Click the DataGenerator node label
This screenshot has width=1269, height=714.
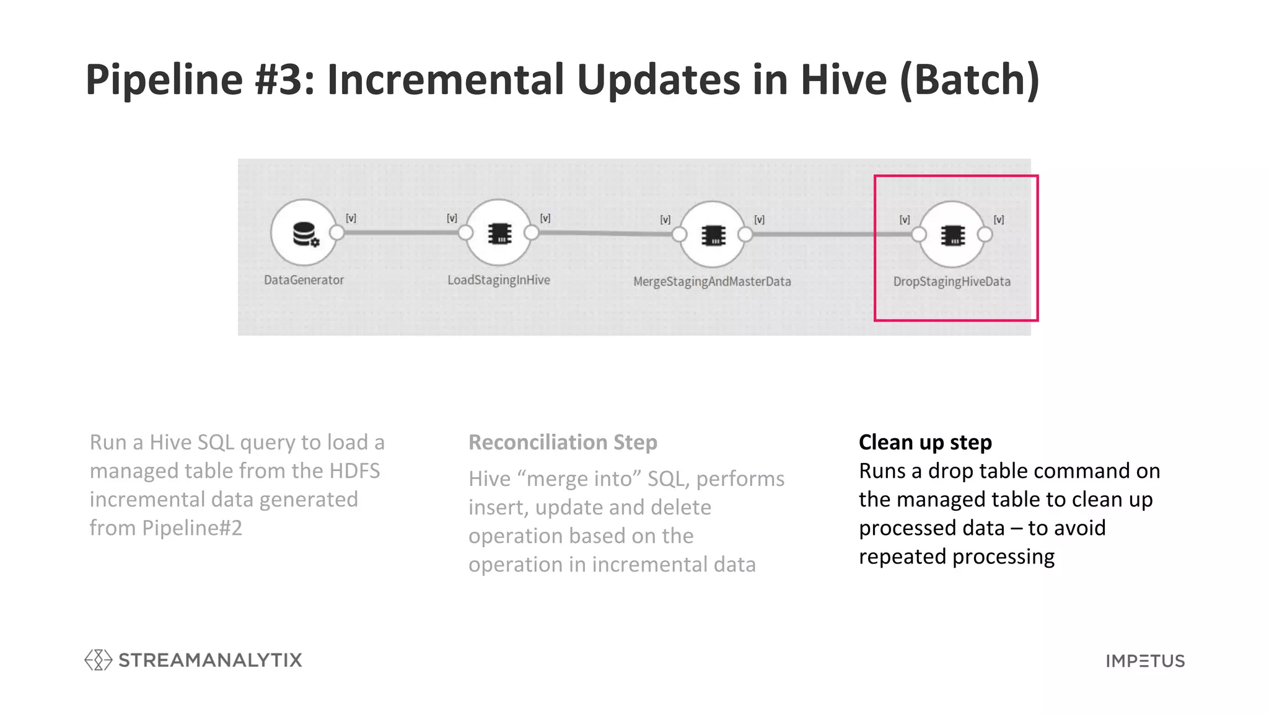click(x=304, y=280)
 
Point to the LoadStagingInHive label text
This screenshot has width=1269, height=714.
click(x=499, y=280)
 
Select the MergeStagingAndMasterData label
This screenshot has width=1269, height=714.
click(x=712, y=281)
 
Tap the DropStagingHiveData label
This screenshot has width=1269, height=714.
click(x=952, y=281)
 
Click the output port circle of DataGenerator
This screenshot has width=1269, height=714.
click(x=337, y=233)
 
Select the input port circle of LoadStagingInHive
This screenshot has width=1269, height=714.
click(x=465, y=233)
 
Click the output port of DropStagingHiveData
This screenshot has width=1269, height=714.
click(x=985, y=234)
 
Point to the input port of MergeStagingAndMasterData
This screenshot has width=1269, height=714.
click(x=680, y=234)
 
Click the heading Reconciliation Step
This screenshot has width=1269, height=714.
click(x=563, y=443)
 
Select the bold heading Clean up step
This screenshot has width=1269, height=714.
click(x=925, y=443)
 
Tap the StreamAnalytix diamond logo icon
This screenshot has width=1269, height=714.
click(x=98, y=660)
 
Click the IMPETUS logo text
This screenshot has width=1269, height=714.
click(x=1145, y=661)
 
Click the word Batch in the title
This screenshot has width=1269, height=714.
click(x=970, y=79)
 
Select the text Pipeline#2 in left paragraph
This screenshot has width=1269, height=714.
click(x=192, y=528)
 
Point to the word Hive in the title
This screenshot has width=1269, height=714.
click(x=843, y=79)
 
